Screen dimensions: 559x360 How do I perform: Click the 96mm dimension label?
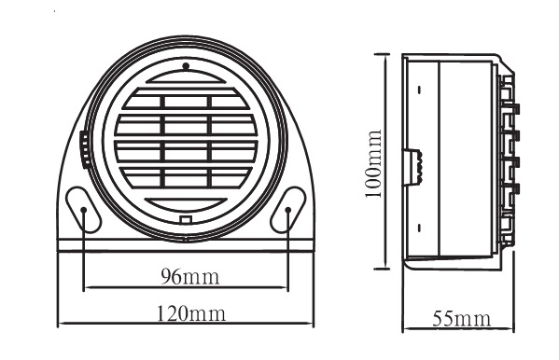coord(190,276)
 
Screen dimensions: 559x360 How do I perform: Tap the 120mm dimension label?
coord(191,313)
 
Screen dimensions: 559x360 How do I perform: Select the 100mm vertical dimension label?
coord(374,163)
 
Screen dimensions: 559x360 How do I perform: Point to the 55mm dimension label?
coord(461,319)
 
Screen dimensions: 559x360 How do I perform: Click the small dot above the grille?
coord(186,66)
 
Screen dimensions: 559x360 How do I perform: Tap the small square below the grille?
coord(186,219)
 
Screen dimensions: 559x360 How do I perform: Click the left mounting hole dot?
coord(84,210)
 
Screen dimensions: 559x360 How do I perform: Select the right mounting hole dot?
coord(288,210)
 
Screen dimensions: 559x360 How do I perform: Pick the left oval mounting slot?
coord(83,210)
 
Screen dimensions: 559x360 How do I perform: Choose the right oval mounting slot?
coord(288,210)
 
